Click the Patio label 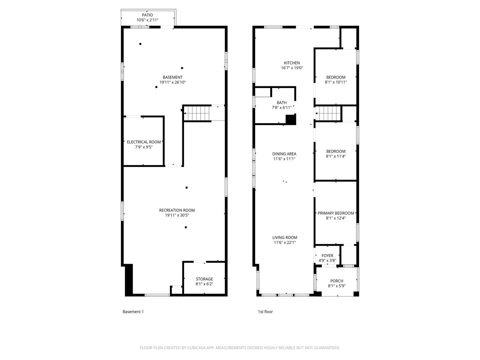click(147, 15)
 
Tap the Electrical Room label click(144, 142)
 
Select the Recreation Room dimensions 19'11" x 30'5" click(177, 215)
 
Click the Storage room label click(204, 279)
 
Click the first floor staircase click(329, 113)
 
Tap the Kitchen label click(292, 63)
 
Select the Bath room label click(282, 103)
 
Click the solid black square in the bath click(291, 120)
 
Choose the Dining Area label click(284, 154)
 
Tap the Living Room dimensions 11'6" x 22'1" click(285, 243)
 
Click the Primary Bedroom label click(336, 213)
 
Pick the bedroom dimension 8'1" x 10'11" click(336, 82)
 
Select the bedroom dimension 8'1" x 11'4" click(336, 156)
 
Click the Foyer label click(327, 256)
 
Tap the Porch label click(337, 281)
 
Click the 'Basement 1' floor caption click(133, 312)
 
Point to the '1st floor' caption click(265, 312)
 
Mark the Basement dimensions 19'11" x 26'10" click(173, 82)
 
